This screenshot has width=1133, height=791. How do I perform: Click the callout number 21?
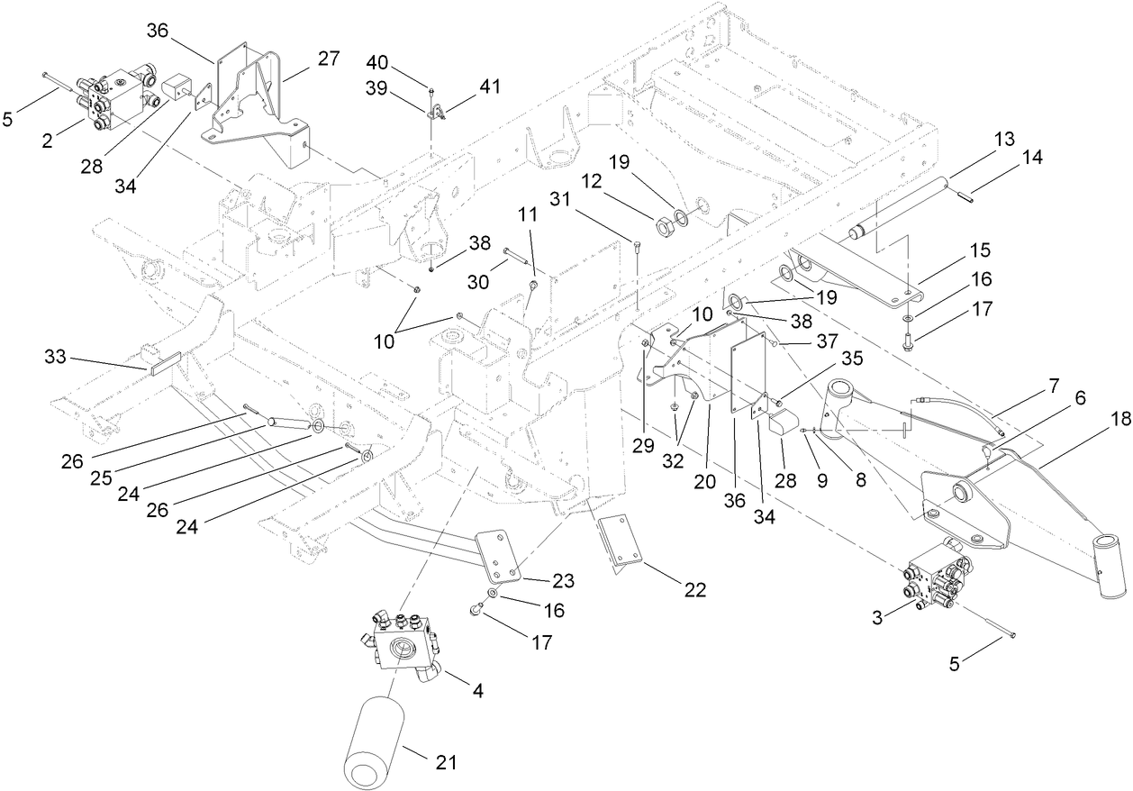point(447,762)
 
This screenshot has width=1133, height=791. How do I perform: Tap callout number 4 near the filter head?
point(478,691)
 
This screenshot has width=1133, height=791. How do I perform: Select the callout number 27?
point(329,59)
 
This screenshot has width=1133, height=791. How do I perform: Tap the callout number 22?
point(693,590)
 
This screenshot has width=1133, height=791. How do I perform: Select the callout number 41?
point(490,86)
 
